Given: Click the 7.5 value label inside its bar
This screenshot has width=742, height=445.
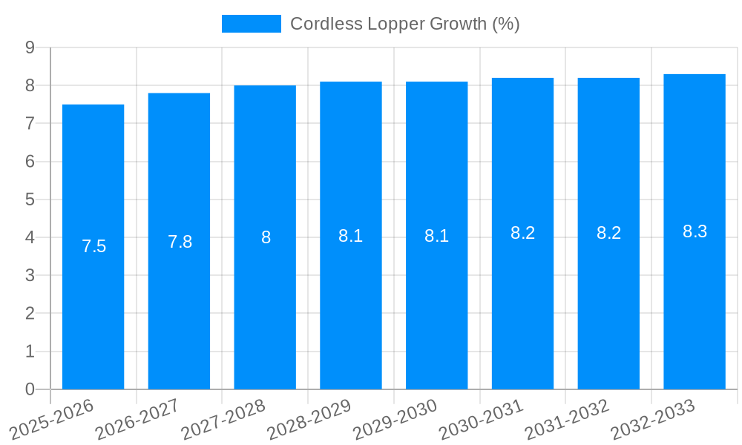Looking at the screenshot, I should tap(93, 246).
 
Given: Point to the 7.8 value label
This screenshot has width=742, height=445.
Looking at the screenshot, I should tap(180, 242).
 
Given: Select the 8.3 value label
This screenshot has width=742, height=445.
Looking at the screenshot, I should tap(695, 231).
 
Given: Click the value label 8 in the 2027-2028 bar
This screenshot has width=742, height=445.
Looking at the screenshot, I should tap(266, 238).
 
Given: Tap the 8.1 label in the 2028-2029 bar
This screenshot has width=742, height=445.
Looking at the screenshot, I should tap(350, 236).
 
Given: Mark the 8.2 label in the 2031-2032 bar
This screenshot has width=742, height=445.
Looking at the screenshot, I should tap(608, 233).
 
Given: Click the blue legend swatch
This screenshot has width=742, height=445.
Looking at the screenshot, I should tap(251, 24).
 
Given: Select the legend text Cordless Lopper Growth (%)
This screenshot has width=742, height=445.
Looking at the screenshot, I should tap(404, 24).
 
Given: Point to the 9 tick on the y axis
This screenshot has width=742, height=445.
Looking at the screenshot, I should tap(30, 47).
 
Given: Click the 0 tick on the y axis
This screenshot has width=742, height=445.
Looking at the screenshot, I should tap(30, 389).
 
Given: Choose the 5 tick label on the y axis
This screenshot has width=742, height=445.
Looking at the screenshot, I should tap(30, 200).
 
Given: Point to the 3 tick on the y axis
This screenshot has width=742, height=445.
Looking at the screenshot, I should tap(30, 276).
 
